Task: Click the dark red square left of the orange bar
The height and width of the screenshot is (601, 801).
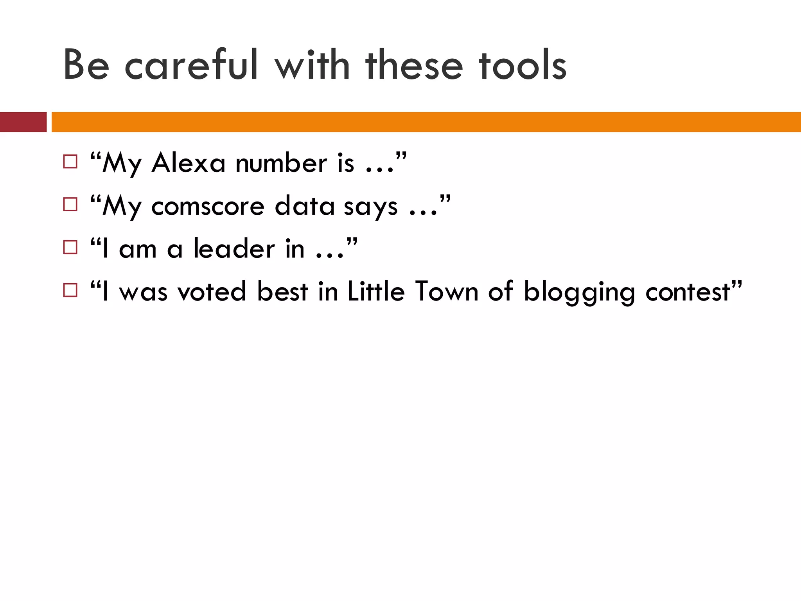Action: tap(23, 122)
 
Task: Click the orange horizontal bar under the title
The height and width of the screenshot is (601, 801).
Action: tap(426, 122)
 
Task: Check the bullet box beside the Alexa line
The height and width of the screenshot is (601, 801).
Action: tap(70, 162)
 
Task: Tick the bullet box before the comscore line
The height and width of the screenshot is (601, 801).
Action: tap(70, 205)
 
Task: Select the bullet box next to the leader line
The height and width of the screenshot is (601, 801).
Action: tap(70, 247)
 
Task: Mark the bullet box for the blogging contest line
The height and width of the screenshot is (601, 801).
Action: tap(70, 290)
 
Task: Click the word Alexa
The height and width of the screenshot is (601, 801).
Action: tap(189, 163)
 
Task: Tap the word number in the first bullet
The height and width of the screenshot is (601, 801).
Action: tap(281, 163)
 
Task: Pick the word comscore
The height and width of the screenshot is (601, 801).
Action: tap(208, 206)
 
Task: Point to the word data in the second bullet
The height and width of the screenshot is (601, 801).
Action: tap(305, 206)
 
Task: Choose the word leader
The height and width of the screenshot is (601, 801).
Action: tap(234, 249)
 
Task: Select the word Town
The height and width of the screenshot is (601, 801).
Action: tap(447, 292)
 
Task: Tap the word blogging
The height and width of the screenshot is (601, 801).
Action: tap(579, 293)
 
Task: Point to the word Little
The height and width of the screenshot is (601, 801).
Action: tap(376, 292)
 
